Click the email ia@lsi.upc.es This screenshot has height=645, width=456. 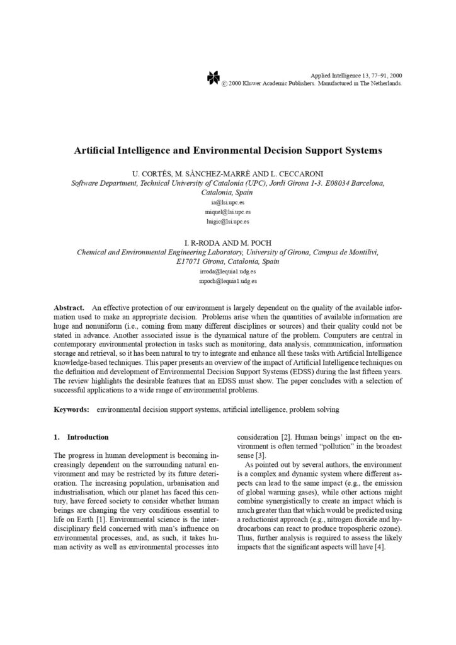227,203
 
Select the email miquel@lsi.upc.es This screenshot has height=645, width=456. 227,212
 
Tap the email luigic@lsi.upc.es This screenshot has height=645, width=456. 227,222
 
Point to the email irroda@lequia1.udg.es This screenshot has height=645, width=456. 227,271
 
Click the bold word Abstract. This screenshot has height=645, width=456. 69,306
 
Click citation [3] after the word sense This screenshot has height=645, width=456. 258,455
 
